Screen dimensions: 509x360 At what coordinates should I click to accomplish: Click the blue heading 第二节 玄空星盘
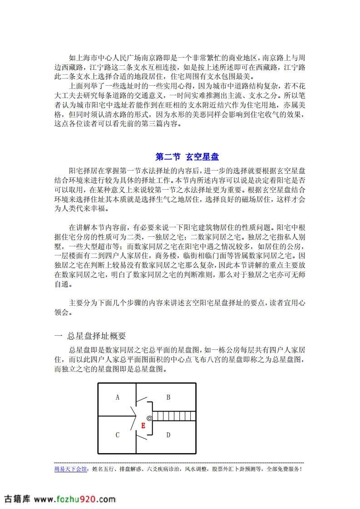coord(187,157)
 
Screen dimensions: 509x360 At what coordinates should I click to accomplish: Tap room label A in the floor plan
coord(118,397)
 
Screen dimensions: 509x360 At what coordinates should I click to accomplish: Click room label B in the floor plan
coord(168,397)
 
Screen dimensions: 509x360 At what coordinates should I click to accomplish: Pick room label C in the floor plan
coord(118,435)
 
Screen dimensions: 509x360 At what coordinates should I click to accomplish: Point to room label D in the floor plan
coord(168,435)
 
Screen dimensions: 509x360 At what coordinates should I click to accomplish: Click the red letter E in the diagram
coord(143,426)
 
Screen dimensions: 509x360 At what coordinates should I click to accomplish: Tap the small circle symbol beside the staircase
coord(149,418)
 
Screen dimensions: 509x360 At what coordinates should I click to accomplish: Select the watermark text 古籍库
coord(17,499)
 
